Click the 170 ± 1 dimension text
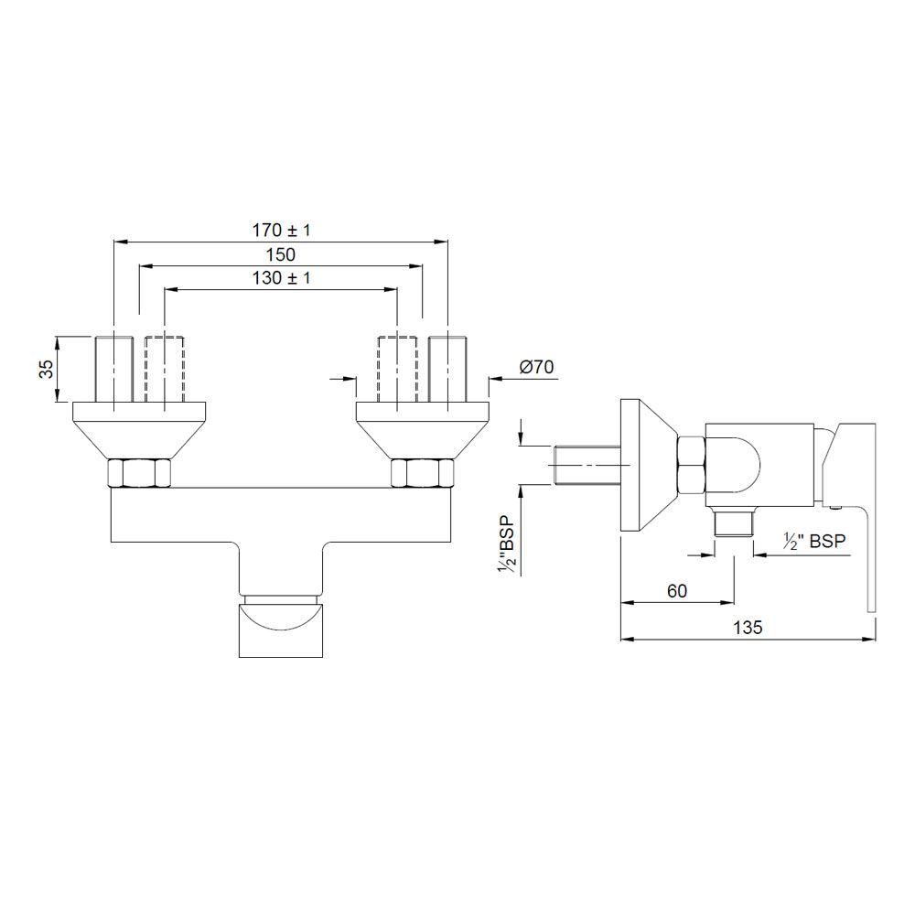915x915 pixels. point(280,231)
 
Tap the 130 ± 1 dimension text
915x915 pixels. point(280,278)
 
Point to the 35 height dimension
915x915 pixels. point(45,369)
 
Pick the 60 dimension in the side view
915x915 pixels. point(676,591)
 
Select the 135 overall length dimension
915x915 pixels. point(747,628)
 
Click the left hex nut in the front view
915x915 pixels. point(139,473)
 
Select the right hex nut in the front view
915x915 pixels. point(422,473)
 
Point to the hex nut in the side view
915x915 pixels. point(690,465)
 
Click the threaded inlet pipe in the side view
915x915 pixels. point(587,463)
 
